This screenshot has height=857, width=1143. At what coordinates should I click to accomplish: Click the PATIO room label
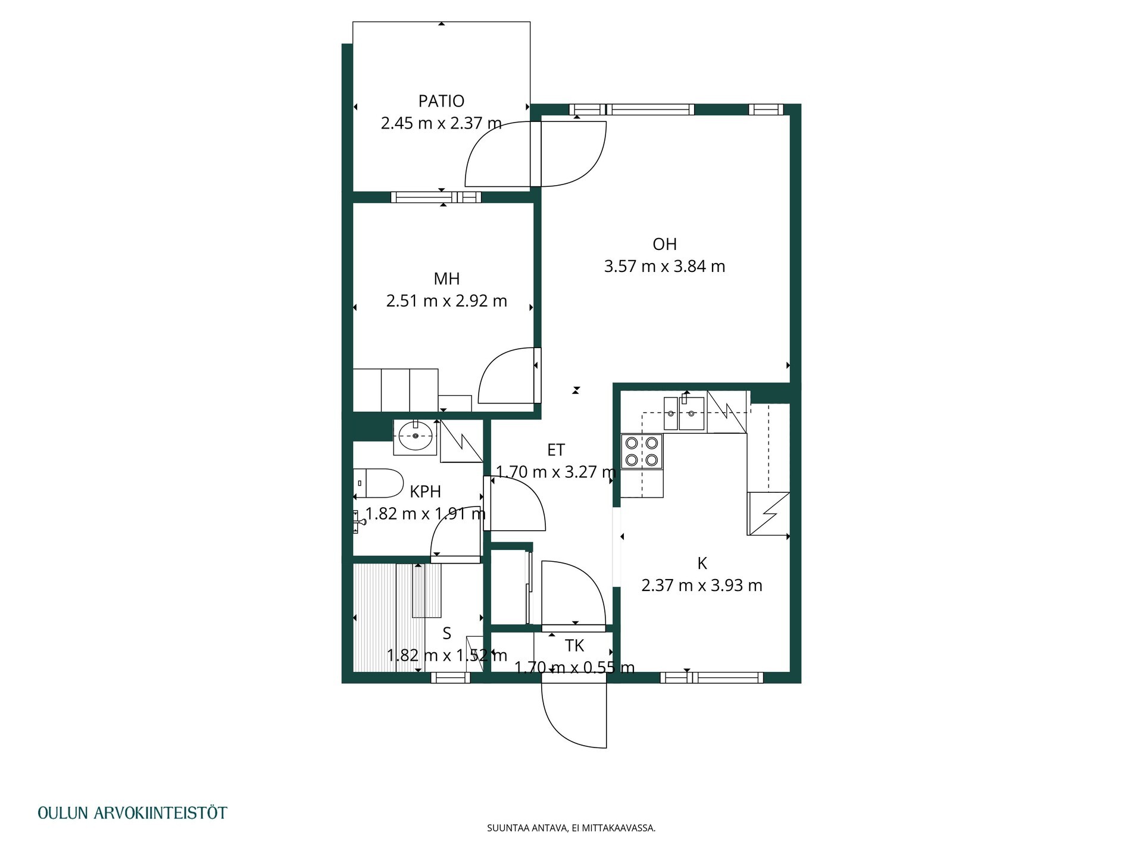(441, 101)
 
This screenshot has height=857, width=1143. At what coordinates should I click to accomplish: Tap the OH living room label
(664, 244)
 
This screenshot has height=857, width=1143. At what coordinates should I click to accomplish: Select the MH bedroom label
(446, 279)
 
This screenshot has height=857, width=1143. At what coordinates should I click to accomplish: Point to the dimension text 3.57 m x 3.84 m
(664, 266)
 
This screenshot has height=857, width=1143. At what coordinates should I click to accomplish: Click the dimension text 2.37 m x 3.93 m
(702, 586)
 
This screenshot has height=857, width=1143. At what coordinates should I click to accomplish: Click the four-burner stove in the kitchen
(642, 452)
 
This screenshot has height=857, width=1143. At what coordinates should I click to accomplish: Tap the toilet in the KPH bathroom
(379, 483)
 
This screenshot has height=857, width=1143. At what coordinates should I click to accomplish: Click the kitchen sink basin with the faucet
(692, 413)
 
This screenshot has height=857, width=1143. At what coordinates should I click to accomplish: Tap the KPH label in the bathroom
(426, 492)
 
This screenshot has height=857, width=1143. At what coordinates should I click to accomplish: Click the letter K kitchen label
(702, 563)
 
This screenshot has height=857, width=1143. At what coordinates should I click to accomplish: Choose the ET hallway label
(556, 451)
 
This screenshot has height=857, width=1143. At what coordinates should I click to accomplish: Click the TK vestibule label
(574, 646)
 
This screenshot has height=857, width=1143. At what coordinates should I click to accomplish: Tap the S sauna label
(447, 634)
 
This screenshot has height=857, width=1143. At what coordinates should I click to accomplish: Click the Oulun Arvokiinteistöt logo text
(132, 813)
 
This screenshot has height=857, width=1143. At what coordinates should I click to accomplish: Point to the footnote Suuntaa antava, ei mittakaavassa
(571, 828)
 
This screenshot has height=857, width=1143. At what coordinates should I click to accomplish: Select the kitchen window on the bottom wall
(712, 677)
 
